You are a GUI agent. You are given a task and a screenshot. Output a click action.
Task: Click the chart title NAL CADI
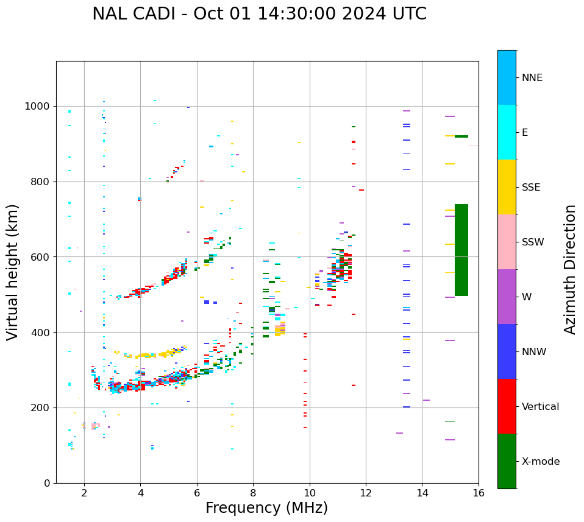tap(259, 14)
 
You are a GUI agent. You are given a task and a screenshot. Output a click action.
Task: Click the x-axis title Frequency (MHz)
tap(266, 508)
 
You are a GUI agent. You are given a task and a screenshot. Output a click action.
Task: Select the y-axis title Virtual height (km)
tap(13, 272)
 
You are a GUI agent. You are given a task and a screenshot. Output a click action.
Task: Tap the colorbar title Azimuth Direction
tap(570, 269)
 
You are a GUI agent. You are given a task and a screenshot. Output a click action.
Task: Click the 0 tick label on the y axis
tap(46, 483)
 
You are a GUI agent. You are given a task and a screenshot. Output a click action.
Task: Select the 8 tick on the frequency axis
tap(253, 492)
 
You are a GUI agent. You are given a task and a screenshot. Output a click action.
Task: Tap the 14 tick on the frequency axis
tap(422, 492)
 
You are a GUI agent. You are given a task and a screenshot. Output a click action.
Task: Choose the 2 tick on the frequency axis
tap(84, 492)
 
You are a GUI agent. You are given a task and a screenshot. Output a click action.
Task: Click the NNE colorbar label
tap(532, 78)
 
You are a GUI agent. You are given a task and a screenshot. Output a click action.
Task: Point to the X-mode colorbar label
tap(540, 462)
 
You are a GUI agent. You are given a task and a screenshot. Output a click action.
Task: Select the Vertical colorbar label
tap(540, 407)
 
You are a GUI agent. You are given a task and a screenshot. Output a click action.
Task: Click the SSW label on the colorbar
tap(533, 242)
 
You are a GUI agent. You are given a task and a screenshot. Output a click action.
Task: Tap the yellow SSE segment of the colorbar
tap(507, 187)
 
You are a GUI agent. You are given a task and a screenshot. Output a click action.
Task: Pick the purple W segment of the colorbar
tap(507, 297)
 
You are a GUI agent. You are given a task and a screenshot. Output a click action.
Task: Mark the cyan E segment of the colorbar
tap(507, 132)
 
